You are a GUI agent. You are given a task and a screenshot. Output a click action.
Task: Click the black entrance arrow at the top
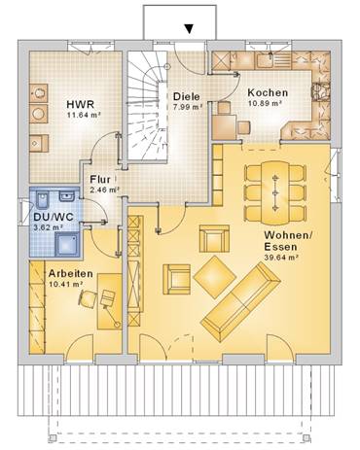pos(189,29)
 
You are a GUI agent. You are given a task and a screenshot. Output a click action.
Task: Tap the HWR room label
pos(81,105)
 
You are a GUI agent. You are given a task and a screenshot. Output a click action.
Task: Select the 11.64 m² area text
pos(83,114)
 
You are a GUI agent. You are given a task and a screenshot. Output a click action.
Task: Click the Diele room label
pos(187,96)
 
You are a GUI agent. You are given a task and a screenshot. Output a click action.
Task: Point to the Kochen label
pos(268,92)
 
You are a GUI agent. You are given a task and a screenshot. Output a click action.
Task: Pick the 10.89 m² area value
pos(265,103)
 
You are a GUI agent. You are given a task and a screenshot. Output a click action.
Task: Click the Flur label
pos(100,179)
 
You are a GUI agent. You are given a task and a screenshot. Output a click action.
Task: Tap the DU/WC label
pos(54,217)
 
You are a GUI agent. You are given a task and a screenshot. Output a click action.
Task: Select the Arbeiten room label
pos(71,274)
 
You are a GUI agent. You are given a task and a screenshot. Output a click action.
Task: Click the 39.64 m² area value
pos(281,258)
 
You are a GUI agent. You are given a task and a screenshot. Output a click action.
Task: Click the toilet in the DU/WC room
pos(42,200)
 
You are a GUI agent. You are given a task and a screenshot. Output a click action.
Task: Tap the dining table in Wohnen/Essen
pos(275,193)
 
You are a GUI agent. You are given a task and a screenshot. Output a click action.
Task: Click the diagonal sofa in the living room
pos(240,301)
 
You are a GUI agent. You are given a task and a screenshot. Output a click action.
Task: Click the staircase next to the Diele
pos(147,105)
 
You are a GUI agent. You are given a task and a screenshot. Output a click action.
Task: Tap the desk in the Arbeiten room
pos(109,301)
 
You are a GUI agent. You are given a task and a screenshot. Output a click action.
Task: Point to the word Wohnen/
pos(288,235)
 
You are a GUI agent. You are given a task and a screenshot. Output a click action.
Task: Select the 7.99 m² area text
pos(188,107)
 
